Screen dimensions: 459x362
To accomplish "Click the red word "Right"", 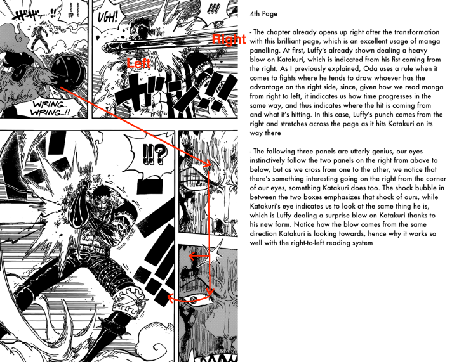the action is [x=229, y=39].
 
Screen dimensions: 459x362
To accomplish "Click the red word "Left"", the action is [x=139, y=63].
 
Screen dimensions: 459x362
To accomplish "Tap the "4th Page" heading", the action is [x=263, y=14].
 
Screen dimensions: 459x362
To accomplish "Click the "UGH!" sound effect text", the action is [x=107, y=18].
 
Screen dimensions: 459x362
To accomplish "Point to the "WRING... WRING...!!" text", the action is [x=51, y=108].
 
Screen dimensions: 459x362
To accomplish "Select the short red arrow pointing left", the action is [x=199, y=256].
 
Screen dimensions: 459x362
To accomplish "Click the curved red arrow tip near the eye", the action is [x=170, y=297].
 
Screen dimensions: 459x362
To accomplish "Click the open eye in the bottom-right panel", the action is [x=194, y=299].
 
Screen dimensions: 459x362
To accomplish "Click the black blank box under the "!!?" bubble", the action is [x=150, y=186].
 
